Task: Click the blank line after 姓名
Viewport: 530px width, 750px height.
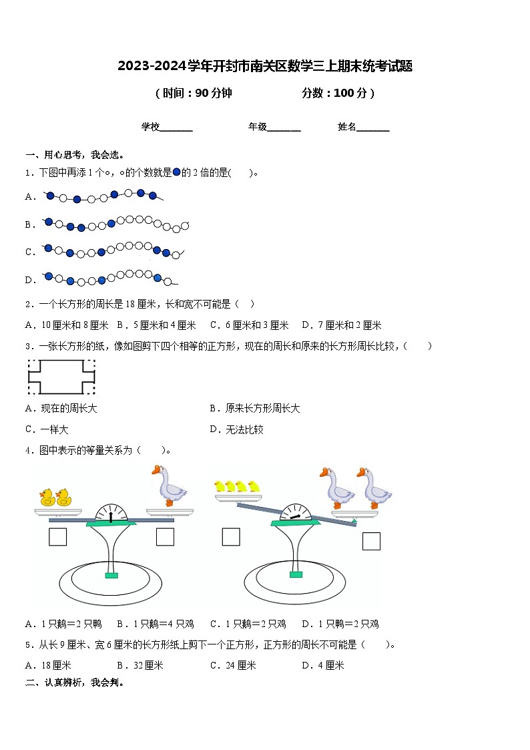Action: [x=373, y=128]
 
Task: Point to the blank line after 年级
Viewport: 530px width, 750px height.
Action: [x=284, y=128]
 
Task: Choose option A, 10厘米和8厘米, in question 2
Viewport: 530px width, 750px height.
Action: [x=67, y=325]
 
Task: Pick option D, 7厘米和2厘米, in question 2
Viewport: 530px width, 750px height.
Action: [x=341, y=325]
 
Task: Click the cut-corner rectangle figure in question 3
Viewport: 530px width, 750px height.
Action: [x=61, y=377]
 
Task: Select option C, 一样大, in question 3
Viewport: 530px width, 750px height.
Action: [x=47, y=429]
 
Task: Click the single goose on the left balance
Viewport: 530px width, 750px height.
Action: [x=169, y=486]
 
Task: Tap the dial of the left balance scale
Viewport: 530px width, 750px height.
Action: [x=111, y=513]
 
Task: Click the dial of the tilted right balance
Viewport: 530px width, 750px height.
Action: [x=295, y=513]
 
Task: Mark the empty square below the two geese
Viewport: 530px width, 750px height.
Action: [x=371, y=541]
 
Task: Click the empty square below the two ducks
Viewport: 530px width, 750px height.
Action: [x=58, y=537]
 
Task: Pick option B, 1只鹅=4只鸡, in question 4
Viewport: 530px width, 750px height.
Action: [x=155, y=624]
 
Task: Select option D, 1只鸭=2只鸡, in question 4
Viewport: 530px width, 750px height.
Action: [x=340, y=624]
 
